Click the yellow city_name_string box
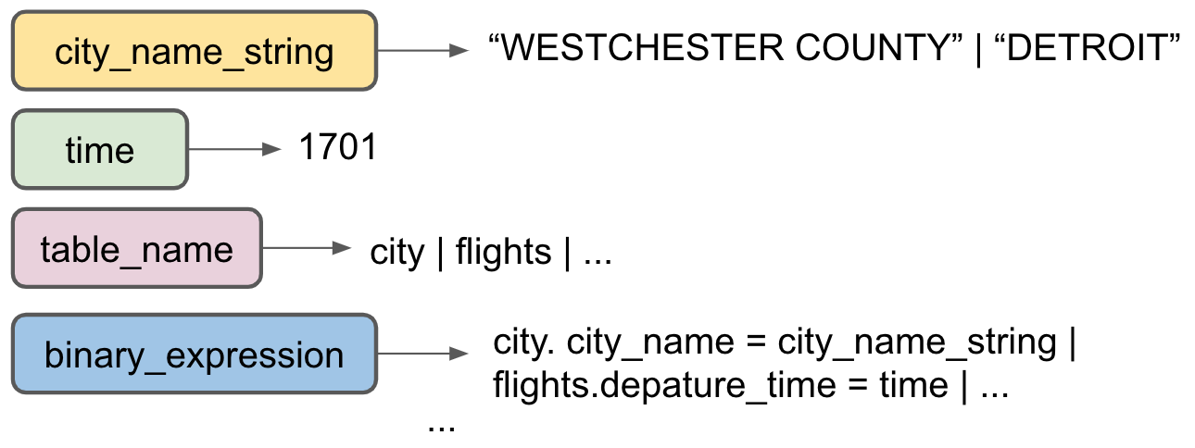click(194, 51)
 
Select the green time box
click(100, 150)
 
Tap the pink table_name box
click(137, 249)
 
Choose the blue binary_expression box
click(194, 355)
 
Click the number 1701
click(338, 147)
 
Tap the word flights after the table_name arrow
click(503, 251)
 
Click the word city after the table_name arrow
click(396, 251)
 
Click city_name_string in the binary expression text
click(917, 343)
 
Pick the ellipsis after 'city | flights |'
click(597, 255)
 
